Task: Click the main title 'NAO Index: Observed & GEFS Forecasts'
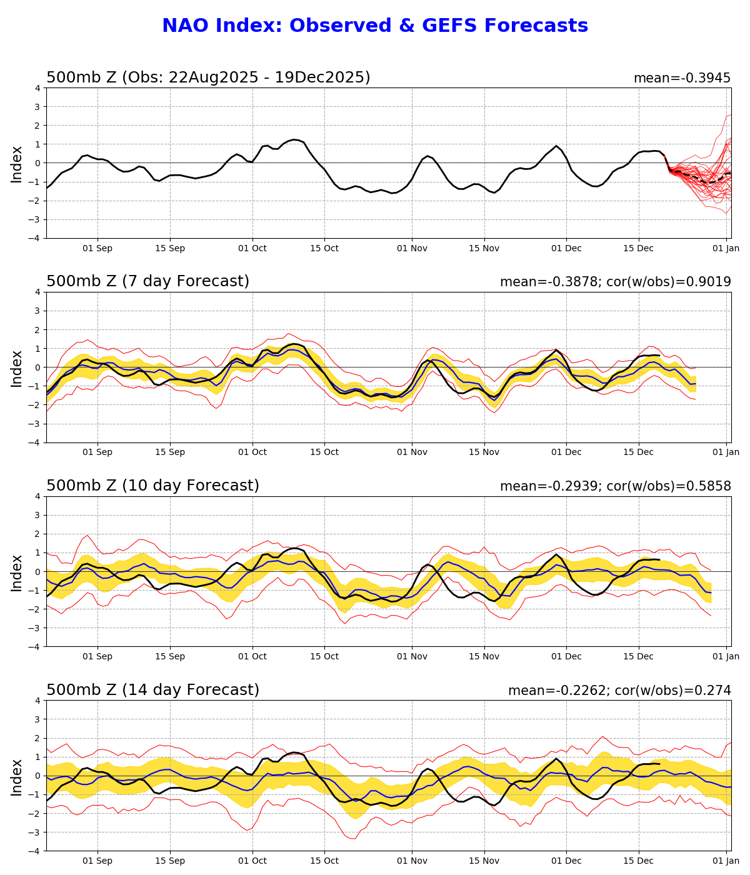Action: pos(375,26)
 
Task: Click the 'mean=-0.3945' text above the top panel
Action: pos(682,78)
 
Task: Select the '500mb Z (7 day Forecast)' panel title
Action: pos(147,281)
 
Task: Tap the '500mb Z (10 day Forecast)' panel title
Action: pos(152,486)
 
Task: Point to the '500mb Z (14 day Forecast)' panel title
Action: pos(152,690)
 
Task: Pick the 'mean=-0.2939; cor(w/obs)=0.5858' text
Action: pos(615,486)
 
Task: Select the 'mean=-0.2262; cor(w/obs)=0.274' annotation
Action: pos(619,691)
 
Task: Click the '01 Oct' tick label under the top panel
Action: pos(252,248)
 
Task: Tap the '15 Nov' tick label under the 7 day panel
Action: pos(484,452)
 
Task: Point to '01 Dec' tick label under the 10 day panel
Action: pos(566,657)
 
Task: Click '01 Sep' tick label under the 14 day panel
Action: pos(97,861)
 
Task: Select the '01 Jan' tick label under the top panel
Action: pos(726,248)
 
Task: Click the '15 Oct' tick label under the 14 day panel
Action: pos(324,861)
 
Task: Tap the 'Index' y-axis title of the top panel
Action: pos(17,164)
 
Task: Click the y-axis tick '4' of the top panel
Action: pos(38,88)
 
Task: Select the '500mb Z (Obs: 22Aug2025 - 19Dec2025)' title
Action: pos(208,77)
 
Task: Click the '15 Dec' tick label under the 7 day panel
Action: pos(639,452)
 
